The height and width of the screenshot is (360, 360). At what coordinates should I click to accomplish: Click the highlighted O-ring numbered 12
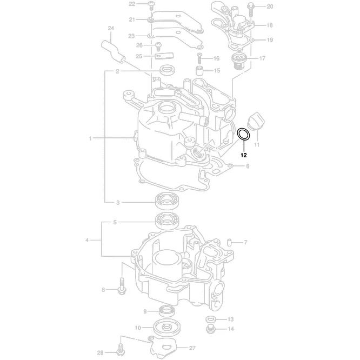(x=244, y=135)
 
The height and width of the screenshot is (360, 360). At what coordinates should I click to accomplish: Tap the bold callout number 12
(x=244, y=155)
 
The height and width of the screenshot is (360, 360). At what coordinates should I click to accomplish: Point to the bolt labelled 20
(x=251, y=8)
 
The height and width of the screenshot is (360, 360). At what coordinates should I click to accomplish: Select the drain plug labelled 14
(x=211, y=328)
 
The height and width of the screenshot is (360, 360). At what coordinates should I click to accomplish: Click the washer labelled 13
(x=211, y=318)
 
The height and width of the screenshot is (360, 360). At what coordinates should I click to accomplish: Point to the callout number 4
(x=86, y=239)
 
